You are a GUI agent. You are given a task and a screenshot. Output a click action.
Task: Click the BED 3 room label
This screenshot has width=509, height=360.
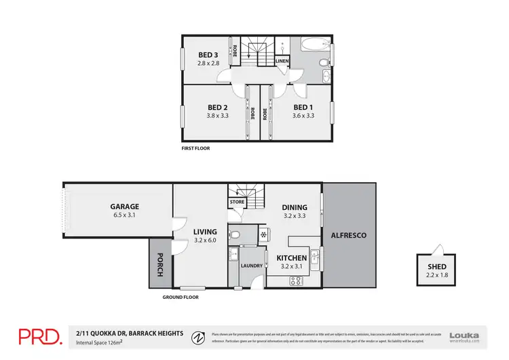207,55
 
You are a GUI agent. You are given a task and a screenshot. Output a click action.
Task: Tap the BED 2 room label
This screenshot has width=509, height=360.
216,107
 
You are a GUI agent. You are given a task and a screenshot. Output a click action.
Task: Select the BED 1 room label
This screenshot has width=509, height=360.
303,107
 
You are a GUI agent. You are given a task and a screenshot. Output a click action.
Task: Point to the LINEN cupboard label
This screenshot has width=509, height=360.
282,62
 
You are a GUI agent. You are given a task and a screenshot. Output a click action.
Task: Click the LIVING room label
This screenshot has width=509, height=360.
204,232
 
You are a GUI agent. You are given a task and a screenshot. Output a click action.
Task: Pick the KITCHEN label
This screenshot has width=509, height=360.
292,258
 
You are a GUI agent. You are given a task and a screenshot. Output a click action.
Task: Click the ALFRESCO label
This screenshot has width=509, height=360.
348,235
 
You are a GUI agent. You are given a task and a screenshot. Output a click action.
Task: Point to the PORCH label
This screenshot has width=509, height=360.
160,264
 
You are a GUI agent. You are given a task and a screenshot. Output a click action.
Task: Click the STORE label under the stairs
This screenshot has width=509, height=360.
237,202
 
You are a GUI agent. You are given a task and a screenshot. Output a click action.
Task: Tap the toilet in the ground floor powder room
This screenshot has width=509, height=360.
234,236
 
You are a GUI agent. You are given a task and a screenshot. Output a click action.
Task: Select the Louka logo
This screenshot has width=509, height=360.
464,336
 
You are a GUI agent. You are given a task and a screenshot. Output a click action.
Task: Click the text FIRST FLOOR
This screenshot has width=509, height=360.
194,147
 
